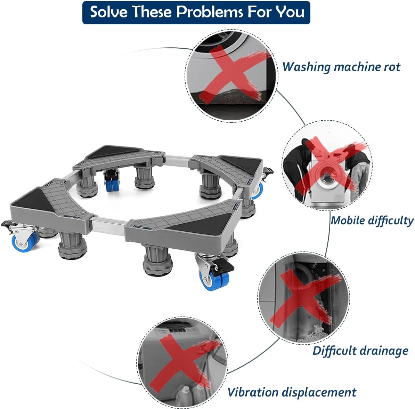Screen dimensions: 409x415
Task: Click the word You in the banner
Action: coord(290,12)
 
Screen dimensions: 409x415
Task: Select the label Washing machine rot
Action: coord(341,66)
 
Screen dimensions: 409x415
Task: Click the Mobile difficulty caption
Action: coord(372,220)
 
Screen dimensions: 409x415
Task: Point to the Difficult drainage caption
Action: coord(360,351)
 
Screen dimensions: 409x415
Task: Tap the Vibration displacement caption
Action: coord(292,392)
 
